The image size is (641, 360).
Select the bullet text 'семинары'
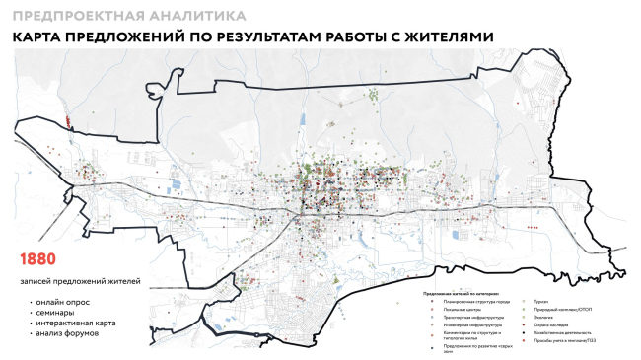click(54, 311)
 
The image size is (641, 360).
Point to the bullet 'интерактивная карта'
click(73, 323)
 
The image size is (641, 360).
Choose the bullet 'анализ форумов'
click(66, 333)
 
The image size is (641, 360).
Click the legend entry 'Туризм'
click(539, 300)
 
